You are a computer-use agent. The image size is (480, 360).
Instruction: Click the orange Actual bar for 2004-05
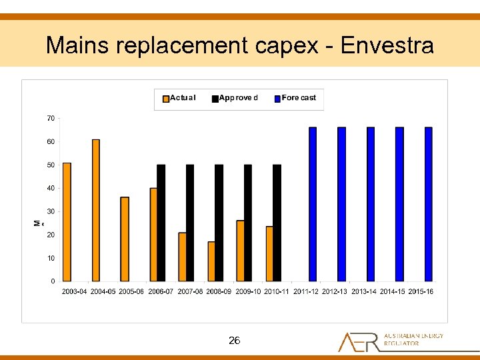click(95, 210)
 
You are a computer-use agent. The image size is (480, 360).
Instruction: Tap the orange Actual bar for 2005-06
click(125, 239)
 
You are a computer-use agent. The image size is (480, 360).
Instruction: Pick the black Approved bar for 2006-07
click(161, 223)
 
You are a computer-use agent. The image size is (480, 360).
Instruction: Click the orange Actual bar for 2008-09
click(211, 261)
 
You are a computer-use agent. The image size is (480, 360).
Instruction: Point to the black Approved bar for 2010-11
click(277, 223)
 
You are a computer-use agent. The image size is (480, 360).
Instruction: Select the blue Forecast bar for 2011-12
click(313, 204)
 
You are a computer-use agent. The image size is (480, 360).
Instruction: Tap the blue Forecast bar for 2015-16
click(429, 204)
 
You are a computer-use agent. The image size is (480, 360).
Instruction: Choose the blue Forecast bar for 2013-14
click(371, 204)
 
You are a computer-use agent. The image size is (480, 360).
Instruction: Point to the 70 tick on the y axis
click(51, 118)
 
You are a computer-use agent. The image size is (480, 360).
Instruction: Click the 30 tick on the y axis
click(51, 211)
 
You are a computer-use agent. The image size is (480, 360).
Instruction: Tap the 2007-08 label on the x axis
click(190, 291)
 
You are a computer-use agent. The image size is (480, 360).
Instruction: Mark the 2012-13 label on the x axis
click(335, 291)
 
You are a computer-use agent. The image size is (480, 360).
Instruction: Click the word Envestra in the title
click(387, 45)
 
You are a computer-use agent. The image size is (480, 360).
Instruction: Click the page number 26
click(234, 341)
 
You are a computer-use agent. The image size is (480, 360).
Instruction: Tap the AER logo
click(390, 341)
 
